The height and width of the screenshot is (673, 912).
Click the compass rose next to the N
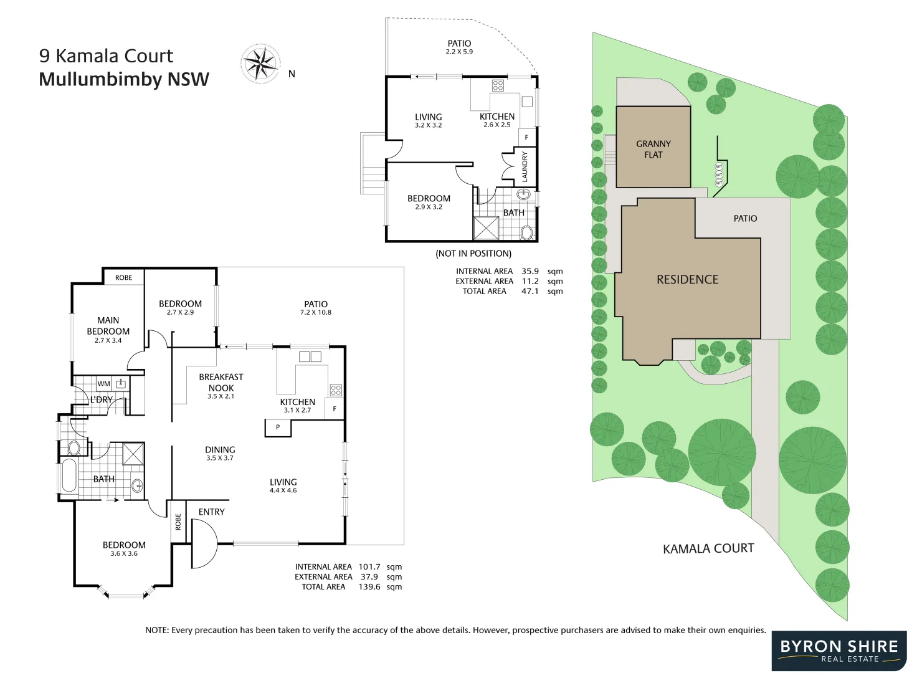[x=260, y=63]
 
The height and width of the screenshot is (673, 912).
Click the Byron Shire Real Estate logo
[x=839, y=651]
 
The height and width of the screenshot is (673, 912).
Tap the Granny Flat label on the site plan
[x=653, y=149]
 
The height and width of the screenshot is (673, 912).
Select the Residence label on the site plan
[x=687, y=280]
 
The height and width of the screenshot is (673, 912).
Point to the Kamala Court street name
[x=708, y=548]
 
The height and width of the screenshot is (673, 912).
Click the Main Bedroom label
[x=108, y=326]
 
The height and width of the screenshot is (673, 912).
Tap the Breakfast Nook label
[x=221, y=382]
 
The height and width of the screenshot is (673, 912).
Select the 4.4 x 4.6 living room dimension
[x=283, y=490]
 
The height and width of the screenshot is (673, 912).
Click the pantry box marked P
[x=278, y=427]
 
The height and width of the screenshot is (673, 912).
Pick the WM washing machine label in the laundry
[x=103, y=384]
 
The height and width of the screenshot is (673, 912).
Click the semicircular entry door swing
[x=204, y=544]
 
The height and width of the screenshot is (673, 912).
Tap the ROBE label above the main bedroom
[x=123, y=277]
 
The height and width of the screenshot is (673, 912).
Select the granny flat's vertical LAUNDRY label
[x=525, y=166]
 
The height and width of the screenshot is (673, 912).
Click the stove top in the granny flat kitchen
[x=498, y=86]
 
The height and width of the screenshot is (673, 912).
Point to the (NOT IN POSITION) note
[x=473, y=254]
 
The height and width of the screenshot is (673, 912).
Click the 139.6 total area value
[x=369, y=586]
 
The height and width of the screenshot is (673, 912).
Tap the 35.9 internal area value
[x=530, y=271]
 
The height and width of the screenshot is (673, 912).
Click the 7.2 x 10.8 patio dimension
[x=316, y=312]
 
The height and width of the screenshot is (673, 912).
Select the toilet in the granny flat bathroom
[x=526, y=233]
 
